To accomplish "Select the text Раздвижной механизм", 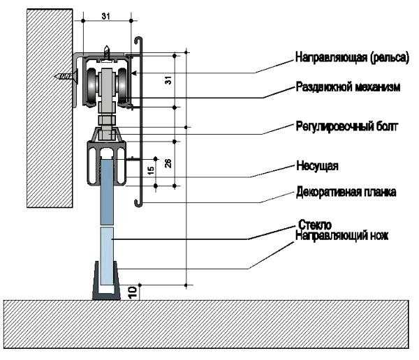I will coord(346,88).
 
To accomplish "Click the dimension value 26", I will coord(168,166).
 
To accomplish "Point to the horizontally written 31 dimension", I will coord(105,15).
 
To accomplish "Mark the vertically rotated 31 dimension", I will coord(168,80).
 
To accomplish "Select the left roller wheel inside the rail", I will coord(91,87).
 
